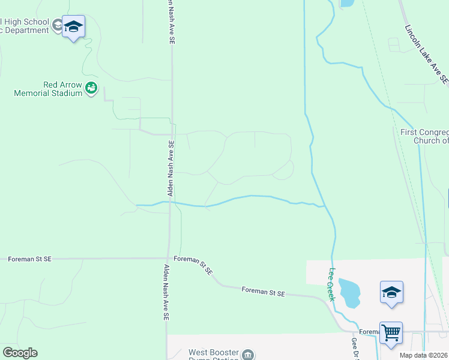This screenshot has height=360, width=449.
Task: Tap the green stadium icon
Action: [x=91, y=89]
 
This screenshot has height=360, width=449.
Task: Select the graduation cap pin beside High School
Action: [x=73, y=27]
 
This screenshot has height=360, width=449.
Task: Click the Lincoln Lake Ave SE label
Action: [x=426, y=53]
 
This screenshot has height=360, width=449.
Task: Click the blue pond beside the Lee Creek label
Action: [x=349, y=292]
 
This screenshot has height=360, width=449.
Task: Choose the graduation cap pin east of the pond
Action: [x=391, y=292]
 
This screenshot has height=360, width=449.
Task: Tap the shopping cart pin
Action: [x=391, y=332]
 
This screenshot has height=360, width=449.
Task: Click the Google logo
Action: [x=20, y=353]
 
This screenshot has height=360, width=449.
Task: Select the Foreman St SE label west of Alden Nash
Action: [x=30, y=259]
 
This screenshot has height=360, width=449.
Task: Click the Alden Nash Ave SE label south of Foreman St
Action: [x=166, y=295]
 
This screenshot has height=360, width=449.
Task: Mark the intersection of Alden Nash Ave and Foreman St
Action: [x=170, y=259]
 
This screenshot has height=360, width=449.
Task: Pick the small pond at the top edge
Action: [x=347, y=3]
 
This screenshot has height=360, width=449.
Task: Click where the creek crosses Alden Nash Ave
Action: [x=170, y=203]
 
